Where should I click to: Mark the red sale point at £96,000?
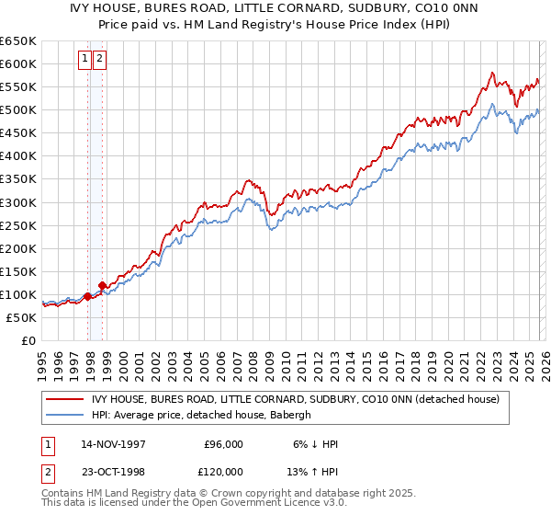pos(88,296)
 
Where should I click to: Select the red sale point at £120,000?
pos(103,285)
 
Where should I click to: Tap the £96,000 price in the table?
pos(223,444)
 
